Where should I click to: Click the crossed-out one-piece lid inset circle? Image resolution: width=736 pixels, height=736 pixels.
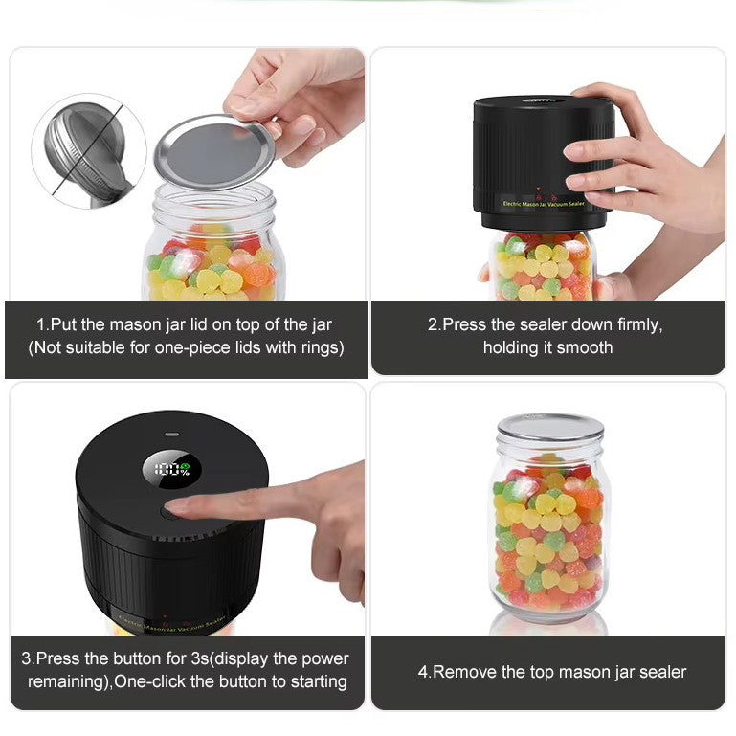point(88,151)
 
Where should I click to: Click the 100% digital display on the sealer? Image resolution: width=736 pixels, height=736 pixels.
point(172,470)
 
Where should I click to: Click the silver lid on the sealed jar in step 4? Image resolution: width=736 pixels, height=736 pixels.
point(549,427)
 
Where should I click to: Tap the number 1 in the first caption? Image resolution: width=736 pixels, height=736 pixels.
point(41,324)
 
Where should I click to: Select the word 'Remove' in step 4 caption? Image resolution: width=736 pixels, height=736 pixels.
point(463,672)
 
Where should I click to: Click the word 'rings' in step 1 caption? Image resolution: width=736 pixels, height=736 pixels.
point(317,347)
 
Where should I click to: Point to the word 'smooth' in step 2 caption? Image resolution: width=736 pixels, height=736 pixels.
point(582,347)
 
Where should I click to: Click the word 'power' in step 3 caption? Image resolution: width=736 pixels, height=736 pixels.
point(323,658)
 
